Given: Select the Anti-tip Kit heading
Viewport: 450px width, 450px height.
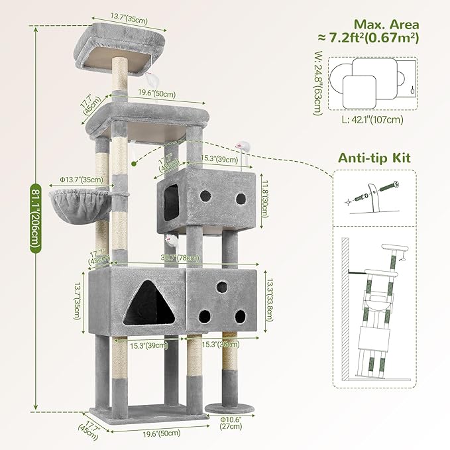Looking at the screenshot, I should pyautogui.click(x=373, y=158).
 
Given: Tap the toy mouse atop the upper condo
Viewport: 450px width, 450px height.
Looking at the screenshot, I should pyautogui.click(x=245, y=146).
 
